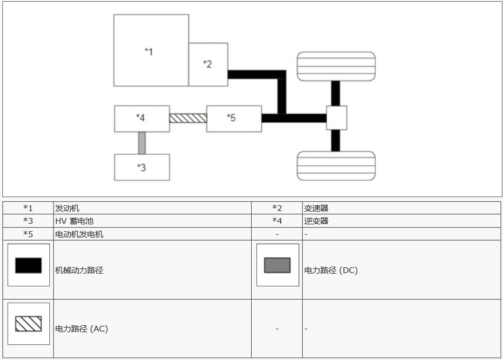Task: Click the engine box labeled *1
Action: (x=151, y=50)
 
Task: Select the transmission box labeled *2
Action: (x=208, y=64)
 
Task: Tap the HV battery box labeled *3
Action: (x=142, y=168)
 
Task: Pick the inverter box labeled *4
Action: (x=142, y=118)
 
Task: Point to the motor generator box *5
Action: (x=233, y=118)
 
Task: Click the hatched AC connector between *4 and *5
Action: (x=188, y=118)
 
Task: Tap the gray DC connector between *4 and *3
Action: (x=142, y=143)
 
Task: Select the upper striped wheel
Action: (x=336, y=66)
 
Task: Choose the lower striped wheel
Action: (x=336, y=166)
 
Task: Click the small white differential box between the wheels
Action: (x=336, y=118)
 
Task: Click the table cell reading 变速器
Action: (x=317, y=208)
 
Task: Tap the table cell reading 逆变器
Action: (x=317, y=221)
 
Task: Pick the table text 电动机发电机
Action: (x=79, y=234)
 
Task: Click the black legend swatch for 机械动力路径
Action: (x=28, y=265)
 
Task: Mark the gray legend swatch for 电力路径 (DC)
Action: (x=277, y=265)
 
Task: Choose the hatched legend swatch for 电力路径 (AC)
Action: (x=28, y=323)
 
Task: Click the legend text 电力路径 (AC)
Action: (x=81, y=329)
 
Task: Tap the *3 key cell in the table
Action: (x=28, y=221)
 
